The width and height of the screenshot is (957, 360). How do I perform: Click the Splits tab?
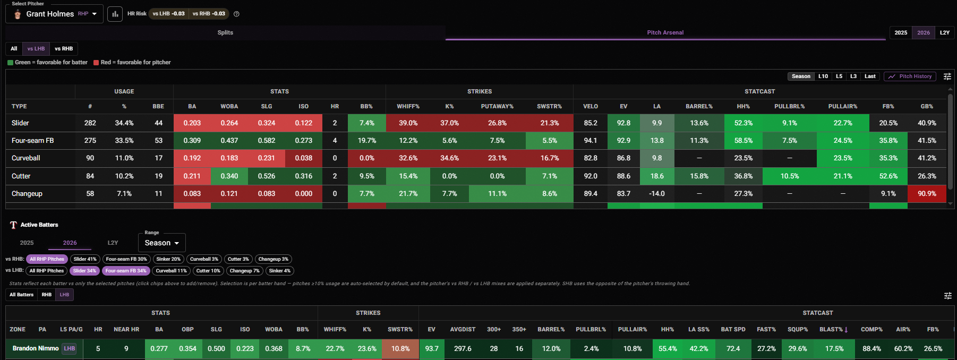click(x=225, y=32)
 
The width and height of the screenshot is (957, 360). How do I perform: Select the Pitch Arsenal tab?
click(x=665, y=32)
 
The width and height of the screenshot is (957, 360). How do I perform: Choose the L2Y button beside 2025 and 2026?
click(x=944, y=32)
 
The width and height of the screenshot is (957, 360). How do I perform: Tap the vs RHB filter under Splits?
click(x=64, y=49)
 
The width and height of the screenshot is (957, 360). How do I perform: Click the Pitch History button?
click(x=910, y=76)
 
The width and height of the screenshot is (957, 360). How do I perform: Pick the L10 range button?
click(x=823, y=76)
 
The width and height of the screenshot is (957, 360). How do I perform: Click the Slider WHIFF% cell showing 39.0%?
click(x=408, y=123)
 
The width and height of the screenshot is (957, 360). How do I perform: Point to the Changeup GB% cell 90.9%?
click(x=927, y=194)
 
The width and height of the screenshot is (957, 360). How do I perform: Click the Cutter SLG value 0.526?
click(x=267, y=176)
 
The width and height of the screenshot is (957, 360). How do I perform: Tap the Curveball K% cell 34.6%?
click(x=449, y=158)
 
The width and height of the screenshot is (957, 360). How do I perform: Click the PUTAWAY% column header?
click(x=497, y=107)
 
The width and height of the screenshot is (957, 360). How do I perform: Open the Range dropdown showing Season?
click(x=162, y=243)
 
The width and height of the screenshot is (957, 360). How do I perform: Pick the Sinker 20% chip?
click(x=168, y=259)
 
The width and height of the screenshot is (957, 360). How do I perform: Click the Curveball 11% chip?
click(x=171, y=271)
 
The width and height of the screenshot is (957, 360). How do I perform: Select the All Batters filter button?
click(x=21, y=295)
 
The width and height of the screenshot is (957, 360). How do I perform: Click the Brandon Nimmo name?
click(x=36, y=348)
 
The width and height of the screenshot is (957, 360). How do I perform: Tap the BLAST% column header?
click(x=833, y=330)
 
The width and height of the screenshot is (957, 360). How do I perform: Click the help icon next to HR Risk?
click(x=236, y=14)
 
